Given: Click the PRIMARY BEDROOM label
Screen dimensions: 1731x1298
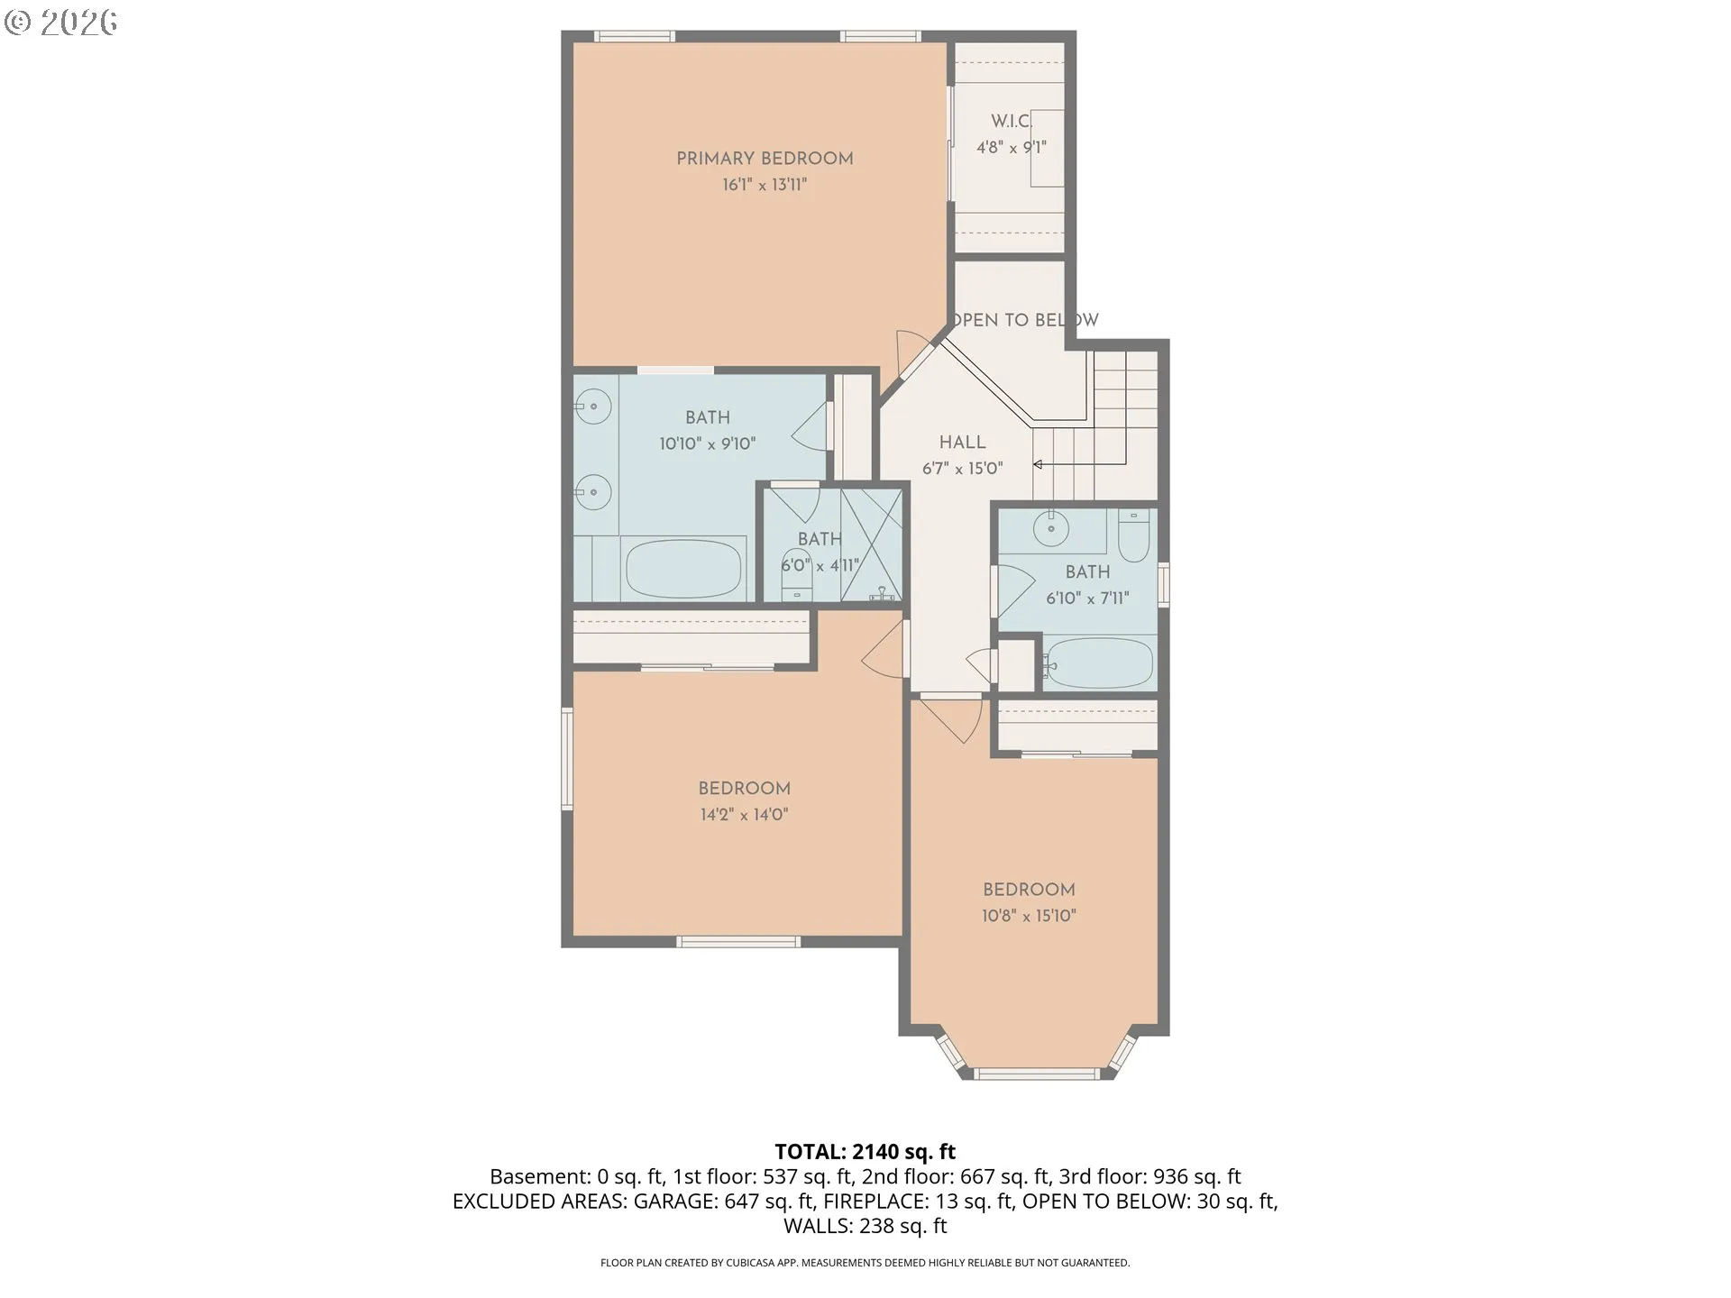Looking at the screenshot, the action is pos(765,159).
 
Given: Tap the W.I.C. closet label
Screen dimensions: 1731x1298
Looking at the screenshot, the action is pos(1011,121).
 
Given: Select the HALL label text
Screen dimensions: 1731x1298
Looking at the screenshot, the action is pos(963,443).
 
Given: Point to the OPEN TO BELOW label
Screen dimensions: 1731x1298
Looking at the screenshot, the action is pos(1025,320).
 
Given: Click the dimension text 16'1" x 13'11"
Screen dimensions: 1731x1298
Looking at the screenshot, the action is pos(765,186).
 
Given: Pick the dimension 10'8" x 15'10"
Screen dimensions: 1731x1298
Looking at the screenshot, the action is pos(1029,917).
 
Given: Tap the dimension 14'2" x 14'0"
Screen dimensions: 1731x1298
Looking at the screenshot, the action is pos(744,815).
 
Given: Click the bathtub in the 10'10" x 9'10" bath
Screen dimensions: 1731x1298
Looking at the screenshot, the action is pos(684,569).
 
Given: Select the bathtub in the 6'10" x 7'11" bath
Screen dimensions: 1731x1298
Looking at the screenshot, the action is pos(1098,663).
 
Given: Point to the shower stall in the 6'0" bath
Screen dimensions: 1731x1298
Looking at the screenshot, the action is pos(872,545).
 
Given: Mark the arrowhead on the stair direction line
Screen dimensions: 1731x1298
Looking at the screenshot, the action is pos(1038,465).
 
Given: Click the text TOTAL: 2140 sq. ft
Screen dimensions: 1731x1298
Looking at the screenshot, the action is pos(865,1152).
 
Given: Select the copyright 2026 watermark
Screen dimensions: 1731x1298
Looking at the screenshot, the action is pos(60,22).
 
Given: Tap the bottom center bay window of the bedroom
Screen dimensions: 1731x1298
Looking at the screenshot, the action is pos(1038,1074).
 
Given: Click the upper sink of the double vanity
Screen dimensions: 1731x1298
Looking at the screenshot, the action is pos(593,407).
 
